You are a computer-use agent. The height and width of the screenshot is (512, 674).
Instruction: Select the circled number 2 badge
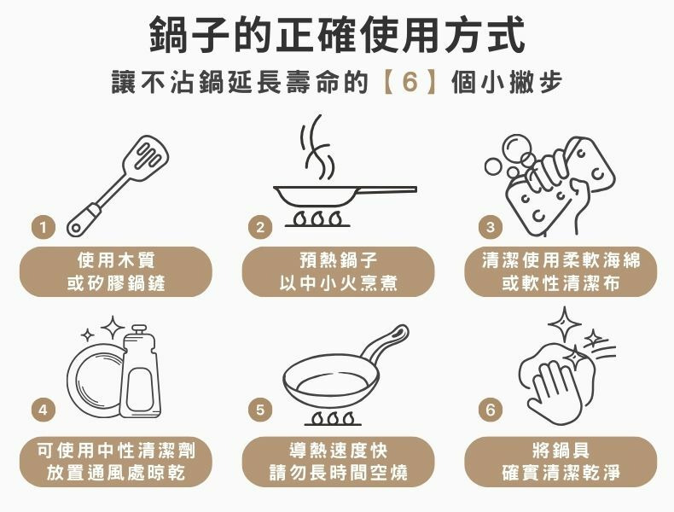tap(261, 227)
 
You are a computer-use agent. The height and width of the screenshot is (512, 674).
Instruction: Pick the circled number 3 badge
tap(489, 227)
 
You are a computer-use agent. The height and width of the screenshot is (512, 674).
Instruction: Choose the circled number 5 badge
tap(261, 410)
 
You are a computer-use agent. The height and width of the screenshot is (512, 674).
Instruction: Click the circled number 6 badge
tap(489, 410)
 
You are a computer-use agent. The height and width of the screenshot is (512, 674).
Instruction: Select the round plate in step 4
tap(94, 381)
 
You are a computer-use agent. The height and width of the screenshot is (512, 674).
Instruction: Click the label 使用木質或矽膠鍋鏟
tap(116, 271)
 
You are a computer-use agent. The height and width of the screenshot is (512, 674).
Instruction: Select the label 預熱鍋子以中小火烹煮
tap(338, 271)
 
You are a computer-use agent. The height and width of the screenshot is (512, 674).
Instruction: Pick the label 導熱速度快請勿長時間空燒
tap(338, 461)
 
